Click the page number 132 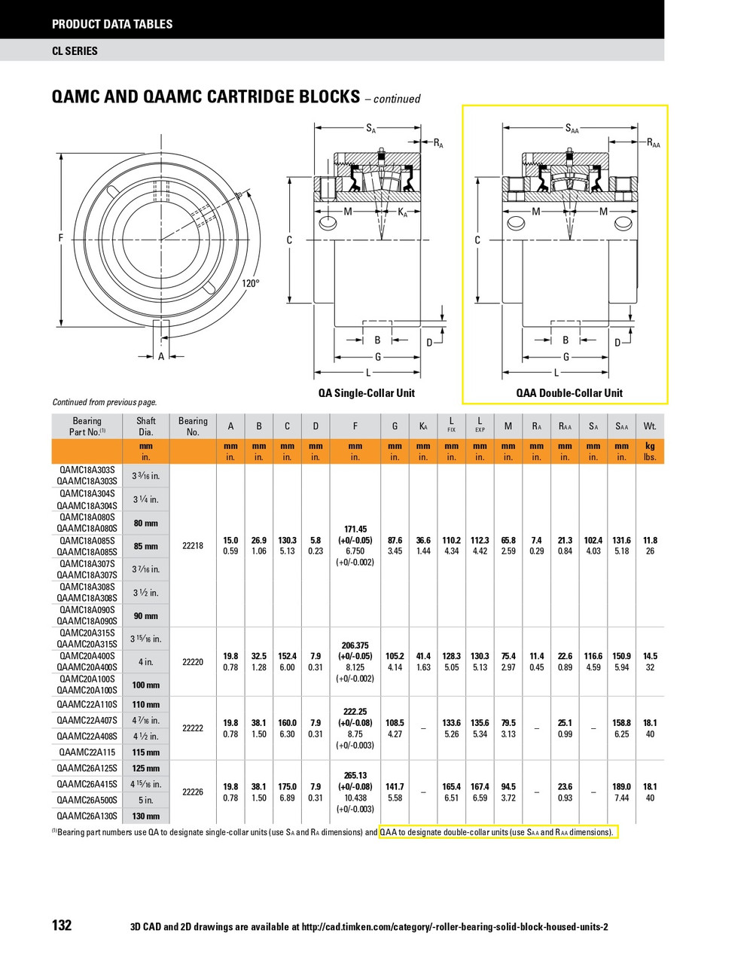62,926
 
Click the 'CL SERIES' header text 75,51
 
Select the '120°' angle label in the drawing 251,283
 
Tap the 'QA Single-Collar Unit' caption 366,392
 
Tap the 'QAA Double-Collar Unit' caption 569,392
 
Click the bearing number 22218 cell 193,546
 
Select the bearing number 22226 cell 193,792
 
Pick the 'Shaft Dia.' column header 146,426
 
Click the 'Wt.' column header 650,426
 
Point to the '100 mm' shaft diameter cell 146,685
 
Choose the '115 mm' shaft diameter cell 146,752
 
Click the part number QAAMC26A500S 87,800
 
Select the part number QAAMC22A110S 87,705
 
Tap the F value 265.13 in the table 355,775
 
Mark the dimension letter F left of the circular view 61,239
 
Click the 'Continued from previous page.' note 105,402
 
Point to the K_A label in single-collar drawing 402,212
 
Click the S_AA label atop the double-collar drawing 572,129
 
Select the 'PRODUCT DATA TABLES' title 112,24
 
